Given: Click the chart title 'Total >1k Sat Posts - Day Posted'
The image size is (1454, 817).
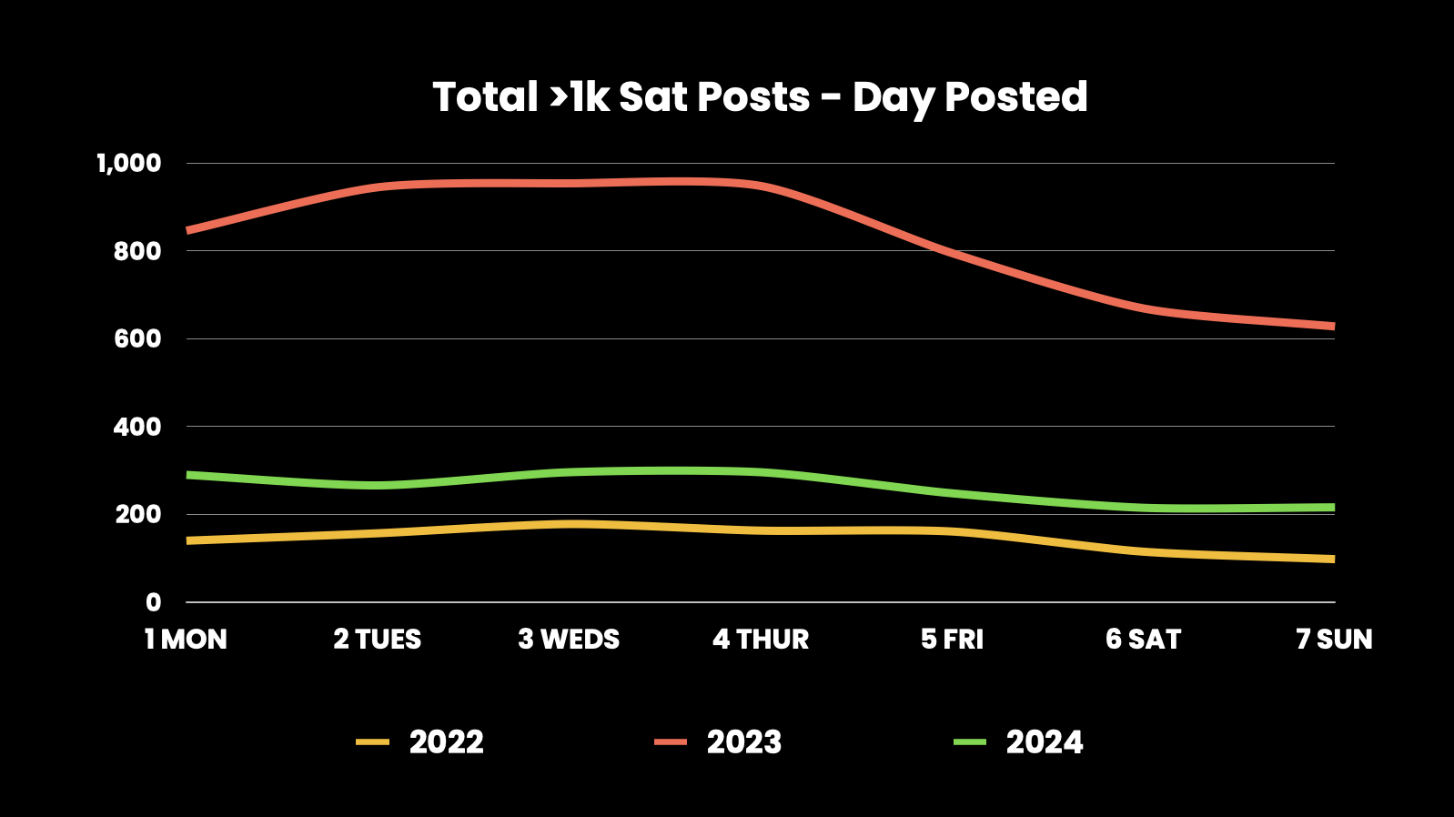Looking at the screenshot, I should [760, 97].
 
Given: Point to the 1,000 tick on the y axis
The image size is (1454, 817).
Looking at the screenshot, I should [128, 164].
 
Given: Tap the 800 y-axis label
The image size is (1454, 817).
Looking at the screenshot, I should [136, 251].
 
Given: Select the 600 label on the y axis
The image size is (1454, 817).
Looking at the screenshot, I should [136, 338].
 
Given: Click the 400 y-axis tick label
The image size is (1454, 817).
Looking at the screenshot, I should [136, 427].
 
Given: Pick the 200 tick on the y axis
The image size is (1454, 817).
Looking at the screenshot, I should [136, 514].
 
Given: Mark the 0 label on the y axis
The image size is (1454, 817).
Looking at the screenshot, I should [153, 602].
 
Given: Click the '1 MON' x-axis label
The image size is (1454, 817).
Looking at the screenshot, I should [186, 640].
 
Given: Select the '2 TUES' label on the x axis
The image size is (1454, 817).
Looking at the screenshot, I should [378, 640].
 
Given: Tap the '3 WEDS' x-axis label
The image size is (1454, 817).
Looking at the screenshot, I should [569, 640].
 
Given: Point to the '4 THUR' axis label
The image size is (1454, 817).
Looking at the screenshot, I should [761, 640].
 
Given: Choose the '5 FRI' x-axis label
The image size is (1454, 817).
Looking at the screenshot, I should [952, 640].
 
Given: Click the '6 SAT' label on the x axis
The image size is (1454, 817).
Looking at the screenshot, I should [1143, 640].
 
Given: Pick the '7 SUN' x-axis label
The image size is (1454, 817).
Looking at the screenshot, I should [1334, 640].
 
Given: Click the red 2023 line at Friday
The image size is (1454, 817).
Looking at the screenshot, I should [952, 250].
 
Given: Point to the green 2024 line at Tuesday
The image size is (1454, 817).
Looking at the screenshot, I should [378, 485].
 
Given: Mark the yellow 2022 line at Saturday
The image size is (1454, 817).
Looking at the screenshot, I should [1143, 552].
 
